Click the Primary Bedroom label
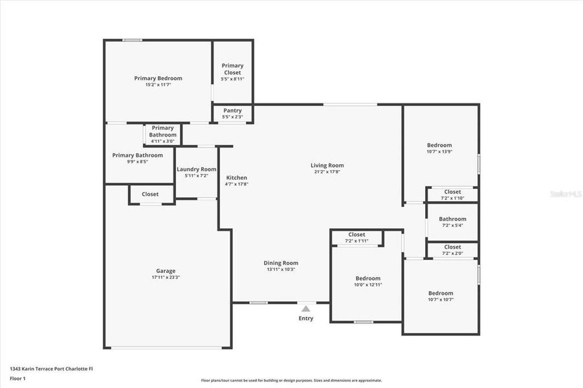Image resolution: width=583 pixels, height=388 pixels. [x=158, y=78]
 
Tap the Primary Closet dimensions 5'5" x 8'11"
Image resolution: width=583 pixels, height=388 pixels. [x=232, y=78]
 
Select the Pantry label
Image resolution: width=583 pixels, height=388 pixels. [x=232, y=111]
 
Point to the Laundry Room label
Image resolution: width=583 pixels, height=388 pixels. [x=196, y=169]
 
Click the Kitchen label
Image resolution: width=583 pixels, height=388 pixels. [x=236, y=178]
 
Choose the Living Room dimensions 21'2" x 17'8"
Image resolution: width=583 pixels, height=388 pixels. [x=327, y=172]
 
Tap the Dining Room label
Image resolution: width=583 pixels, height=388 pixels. [x=281, y=263]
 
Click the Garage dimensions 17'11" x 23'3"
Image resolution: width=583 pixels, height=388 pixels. [x=166, y=277]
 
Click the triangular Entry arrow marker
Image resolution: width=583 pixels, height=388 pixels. [x=305, y=309]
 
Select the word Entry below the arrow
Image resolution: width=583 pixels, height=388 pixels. [x=305, y=318]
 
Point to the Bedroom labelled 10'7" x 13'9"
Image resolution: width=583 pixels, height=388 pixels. [x=439, y=145]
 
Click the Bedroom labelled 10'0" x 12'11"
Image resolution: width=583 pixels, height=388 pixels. [x=367, y=279]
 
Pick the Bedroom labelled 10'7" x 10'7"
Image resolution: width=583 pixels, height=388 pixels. [x=440, y=293]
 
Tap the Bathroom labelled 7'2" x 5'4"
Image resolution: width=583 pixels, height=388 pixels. [x=452, y=219]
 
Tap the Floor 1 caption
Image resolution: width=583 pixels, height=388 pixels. [x=18, y=378]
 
